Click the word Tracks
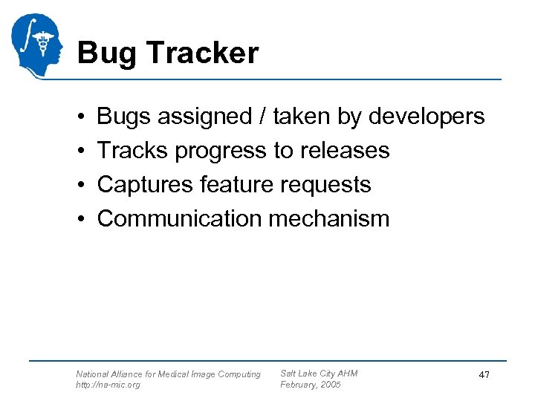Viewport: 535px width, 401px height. pos(133,151)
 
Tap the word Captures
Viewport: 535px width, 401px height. pos(146,185)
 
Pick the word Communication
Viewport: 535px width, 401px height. pos(180,219)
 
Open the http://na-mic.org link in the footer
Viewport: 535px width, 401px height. pos(108,385)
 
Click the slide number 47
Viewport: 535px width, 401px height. pos(484,376)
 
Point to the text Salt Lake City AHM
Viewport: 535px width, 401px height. pos(318,374)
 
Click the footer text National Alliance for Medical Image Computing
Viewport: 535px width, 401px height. pos(168,374)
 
